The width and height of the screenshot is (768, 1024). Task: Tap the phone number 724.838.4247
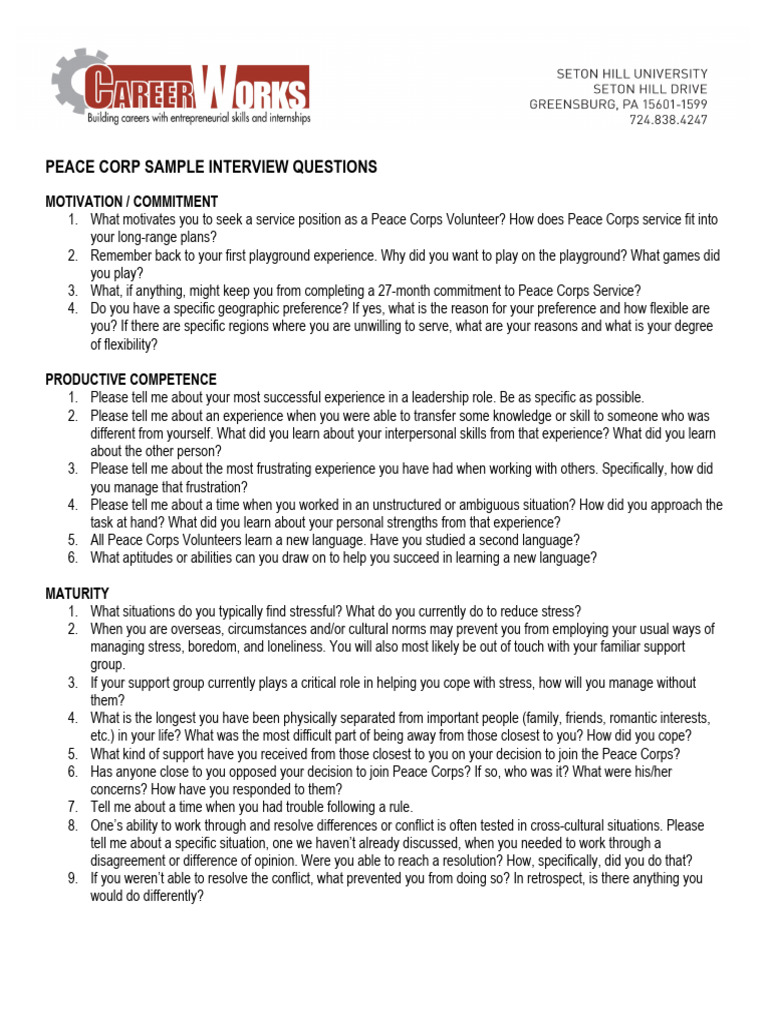(x=668, y=120)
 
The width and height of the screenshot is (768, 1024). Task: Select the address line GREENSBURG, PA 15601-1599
(x=618, y=104)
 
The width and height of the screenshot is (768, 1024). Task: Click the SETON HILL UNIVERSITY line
(x=631, y=74)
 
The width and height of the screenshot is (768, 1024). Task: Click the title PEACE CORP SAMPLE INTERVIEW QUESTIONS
(x=211, y=167)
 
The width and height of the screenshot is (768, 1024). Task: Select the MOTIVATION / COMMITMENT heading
(x=132, y=202)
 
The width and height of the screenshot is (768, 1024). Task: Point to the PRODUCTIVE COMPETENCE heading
(x=131, y=379)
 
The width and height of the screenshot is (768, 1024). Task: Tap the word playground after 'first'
(x=293, y=256)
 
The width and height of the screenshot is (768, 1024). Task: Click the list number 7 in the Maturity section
(x=72, y=807)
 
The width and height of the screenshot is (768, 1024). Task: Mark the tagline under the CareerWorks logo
(x=199, y=118)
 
